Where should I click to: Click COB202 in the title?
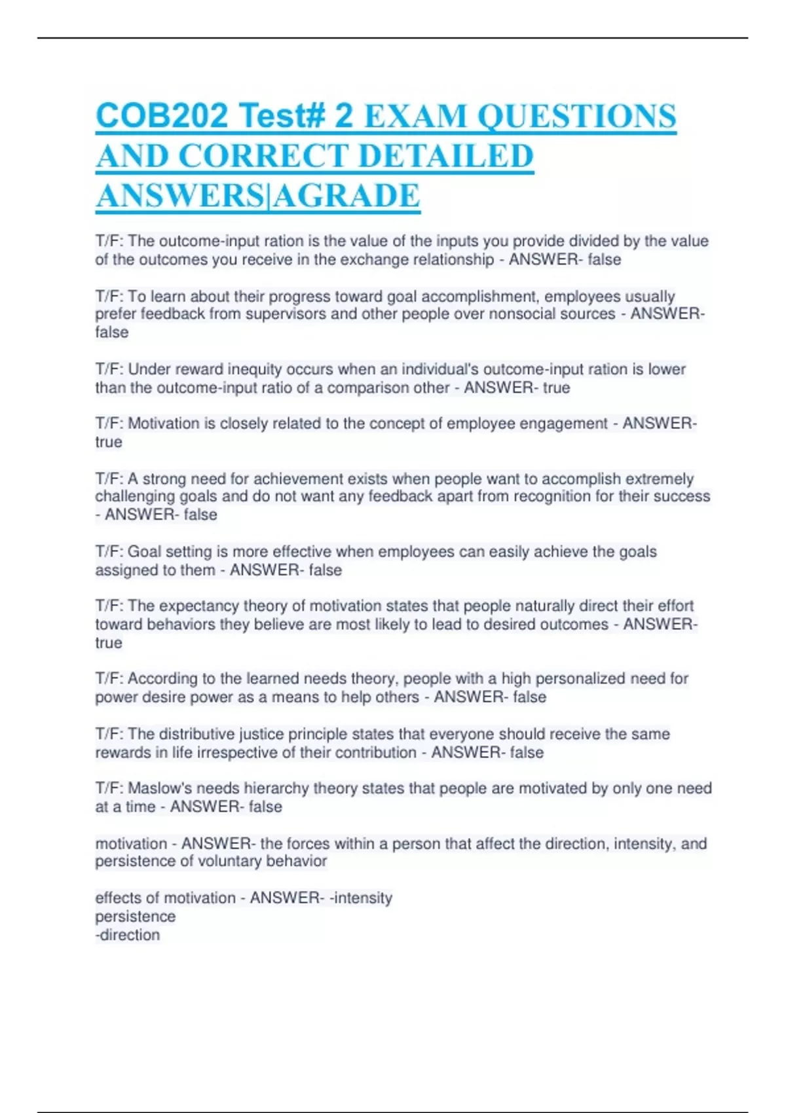point(162,117)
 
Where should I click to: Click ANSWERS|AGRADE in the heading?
point(258,196)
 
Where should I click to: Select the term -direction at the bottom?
point(128,935)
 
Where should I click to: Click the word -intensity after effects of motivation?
point(361,898)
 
